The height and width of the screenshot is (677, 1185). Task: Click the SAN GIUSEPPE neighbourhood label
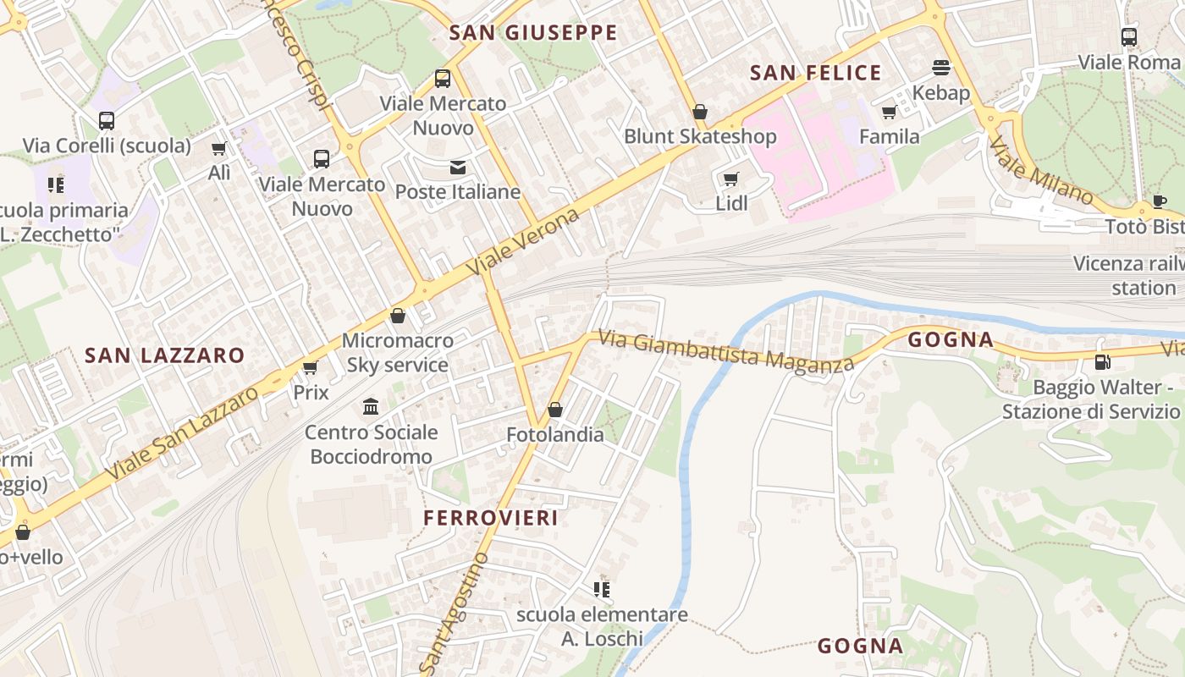pos(533,33)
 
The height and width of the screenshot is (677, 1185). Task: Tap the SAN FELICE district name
pos(816,73)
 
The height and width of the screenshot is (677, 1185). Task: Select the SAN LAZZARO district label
pos(164,355)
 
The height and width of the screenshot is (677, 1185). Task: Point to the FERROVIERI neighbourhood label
pos(491,518)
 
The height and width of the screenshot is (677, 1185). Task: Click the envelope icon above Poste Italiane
pos(458,168)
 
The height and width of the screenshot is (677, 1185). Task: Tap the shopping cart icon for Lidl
pos(730,179)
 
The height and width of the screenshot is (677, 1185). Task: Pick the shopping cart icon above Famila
pos(889,112)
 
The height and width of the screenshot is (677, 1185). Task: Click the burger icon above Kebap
pos(941,67)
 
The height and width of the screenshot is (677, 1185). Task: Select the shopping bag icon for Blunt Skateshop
pos(700,112)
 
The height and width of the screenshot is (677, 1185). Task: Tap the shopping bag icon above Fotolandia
pos(555,410)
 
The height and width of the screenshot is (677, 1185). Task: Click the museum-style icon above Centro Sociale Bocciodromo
pos(371,407)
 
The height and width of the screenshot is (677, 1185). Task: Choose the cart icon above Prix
pos(310,367)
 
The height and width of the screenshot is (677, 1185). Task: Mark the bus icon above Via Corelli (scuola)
pos(107,121)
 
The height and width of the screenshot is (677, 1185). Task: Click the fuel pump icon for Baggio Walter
pos(1102,362)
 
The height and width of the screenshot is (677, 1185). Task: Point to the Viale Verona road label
pos(526,240)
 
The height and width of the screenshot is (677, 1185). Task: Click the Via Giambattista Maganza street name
pos(726,351)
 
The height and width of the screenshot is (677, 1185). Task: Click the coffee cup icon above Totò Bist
pos(1159,201)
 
